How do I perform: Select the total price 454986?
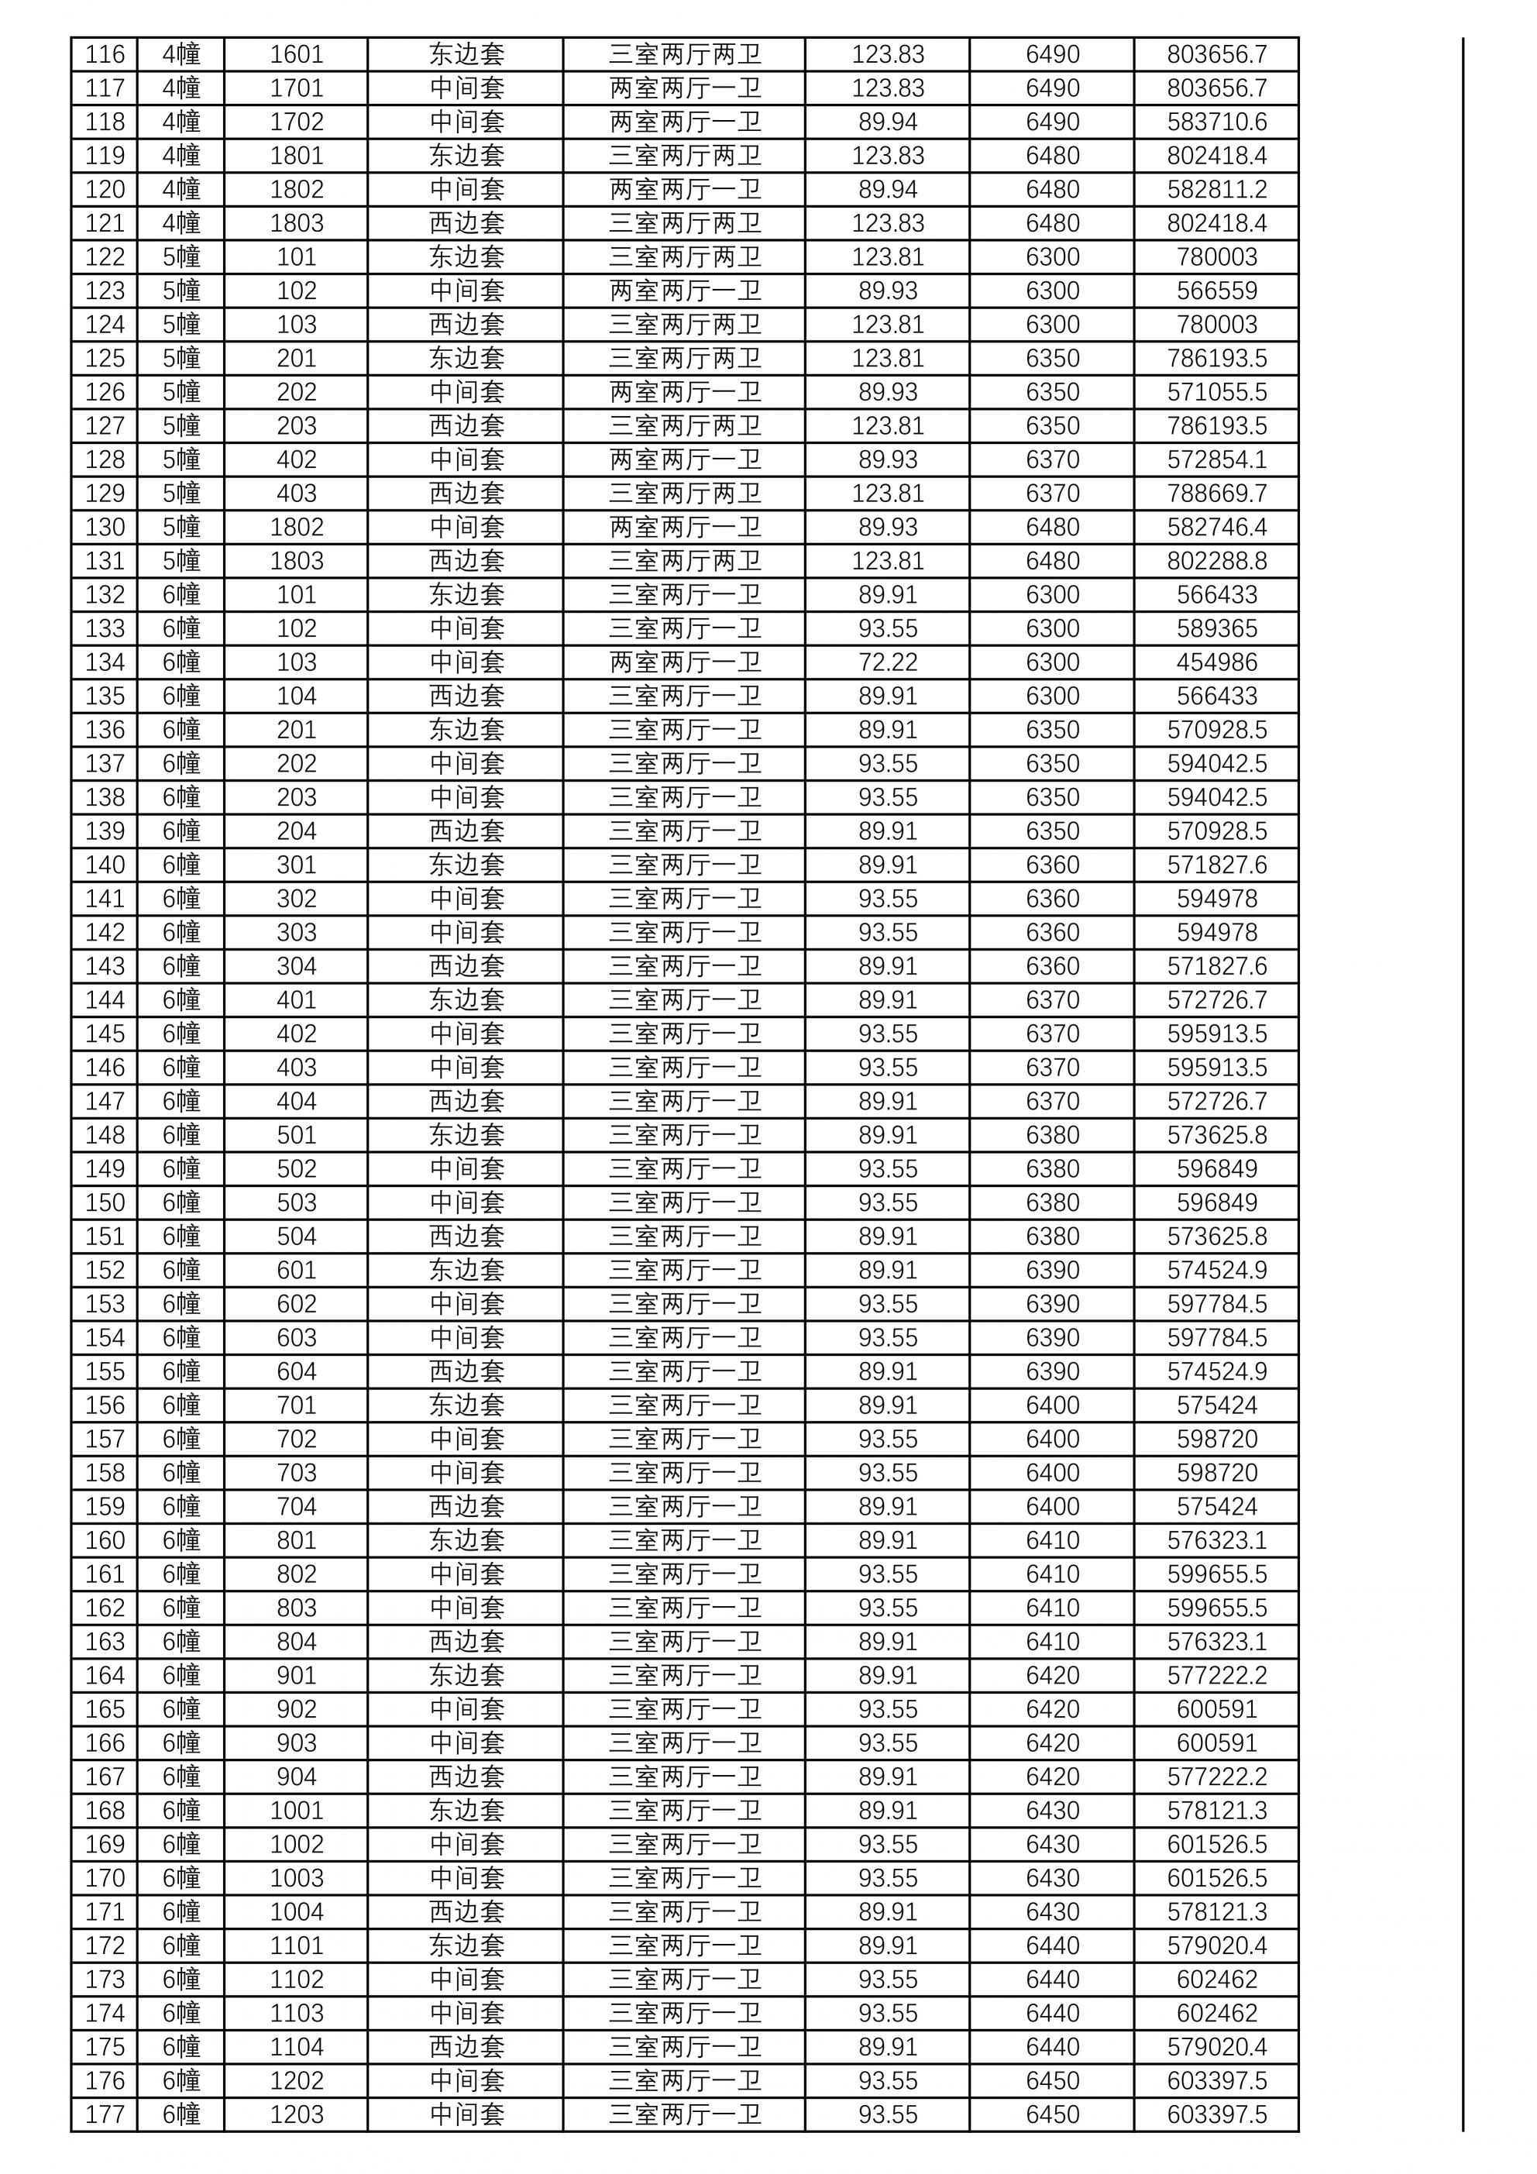(x=1216, y=662)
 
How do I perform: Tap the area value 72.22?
(x=887, y=662)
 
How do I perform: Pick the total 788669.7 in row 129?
(x=1216, y=494)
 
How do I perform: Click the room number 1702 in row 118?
(x=297, y=122)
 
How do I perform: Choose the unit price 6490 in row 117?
(x=1052, y=89)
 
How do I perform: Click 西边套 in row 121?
(x=466, y=223)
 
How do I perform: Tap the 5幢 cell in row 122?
(x=181, y=257)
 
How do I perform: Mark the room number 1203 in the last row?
(x=297, y=2114)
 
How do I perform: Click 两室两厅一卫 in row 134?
(x=684, y=662)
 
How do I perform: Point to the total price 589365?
(x=1216, y=628)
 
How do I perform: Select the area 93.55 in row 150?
(x=887, y=1202)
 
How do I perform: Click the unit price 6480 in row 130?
(x=1052, y=528)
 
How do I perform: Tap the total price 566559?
(x=1216, y=291)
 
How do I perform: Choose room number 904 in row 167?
(x=297, y=1777)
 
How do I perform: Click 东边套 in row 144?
(x=466, y=1000)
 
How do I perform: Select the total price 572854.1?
(x=1216, y=460)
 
